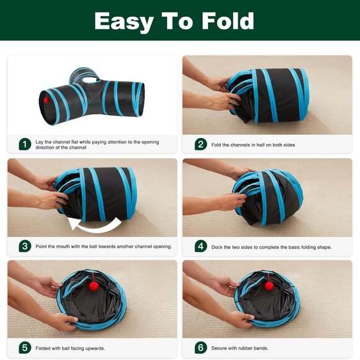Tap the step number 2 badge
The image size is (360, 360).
point(200,144)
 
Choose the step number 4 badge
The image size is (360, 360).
point(200,246)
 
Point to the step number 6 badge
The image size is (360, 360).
point(200,348)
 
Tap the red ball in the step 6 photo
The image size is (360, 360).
point(269,286)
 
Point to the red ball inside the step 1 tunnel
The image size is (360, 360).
point(46,99)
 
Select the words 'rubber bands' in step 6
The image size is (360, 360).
point(253,348)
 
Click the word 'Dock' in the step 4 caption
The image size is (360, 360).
point(218,246)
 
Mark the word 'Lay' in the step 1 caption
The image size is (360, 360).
point(40,142)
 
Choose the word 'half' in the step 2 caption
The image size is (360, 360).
point(264,145)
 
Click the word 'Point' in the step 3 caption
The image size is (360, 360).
point(43,246)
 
